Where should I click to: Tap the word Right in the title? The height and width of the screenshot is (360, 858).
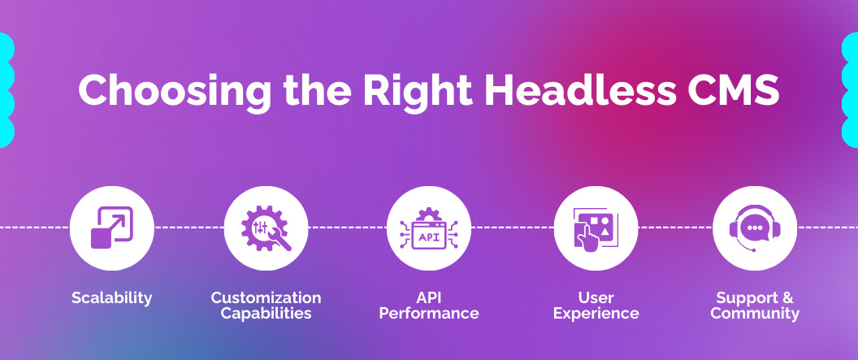(x=417, y=90)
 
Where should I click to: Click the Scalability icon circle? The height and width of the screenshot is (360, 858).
(x=111, y=228)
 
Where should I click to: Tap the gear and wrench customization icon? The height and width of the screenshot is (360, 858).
(x=266, y=228)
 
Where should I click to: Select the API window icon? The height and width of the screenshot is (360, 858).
(x=428, y=229)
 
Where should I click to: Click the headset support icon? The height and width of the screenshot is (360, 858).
(x=755, y=228)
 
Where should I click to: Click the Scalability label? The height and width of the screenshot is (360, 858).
(x=111, y=298)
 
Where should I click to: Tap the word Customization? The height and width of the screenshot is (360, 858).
(x=266, y=297)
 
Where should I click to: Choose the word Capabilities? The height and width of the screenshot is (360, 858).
(x=266, y=314)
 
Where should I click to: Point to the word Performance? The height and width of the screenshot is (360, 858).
(x=429, y=314)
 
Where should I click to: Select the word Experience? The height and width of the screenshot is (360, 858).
(x=596, y=314)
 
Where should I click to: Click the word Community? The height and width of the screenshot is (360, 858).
(x=755, y=314)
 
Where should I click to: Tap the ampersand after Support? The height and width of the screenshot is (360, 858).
(x=786, y=297)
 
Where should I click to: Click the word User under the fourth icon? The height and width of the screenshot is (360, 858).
(x=596, y=297)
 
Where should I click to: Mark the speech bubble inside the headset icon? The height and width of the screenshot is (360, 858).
(x=756, y=228)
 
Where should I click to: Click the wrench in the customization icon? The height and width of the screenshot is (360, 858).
(x=279, y=239)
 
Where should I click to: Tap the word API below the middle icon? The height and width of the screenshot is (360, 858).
(x=428, y=297)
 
